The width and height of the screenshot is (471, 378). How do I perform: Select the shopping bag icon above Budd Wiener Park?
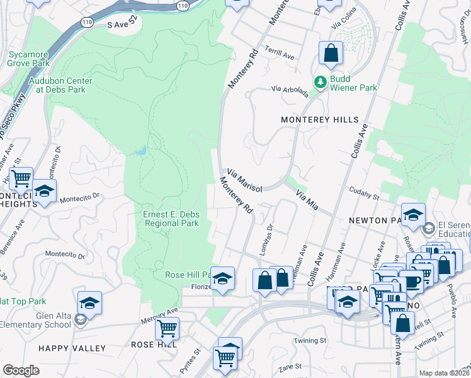[331, 54]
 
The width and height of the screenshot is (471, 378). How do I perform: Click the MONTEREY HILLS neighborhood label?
[319, 120]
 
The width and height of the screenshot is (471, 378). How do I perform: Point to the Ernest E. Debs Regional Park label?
[171, 219]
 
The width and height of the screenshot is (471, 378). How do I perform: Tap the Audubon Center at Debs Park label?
[60, 85]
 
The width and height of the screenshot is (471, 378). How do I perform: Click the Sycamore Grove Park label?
[29, 59]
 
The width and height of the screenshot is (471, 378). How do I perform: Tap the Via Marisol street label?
[244, 176]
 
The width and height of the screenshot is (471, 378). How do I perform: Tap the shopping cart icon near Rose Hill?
[167, 328]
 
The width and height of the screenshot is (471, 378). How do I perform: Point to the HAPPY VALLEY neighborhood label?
[72, 348]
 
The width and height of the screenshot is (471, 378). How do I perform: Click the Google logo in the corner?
[21, 370]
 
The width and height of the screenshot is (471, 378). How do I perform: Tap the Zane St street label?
[290, 366]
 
